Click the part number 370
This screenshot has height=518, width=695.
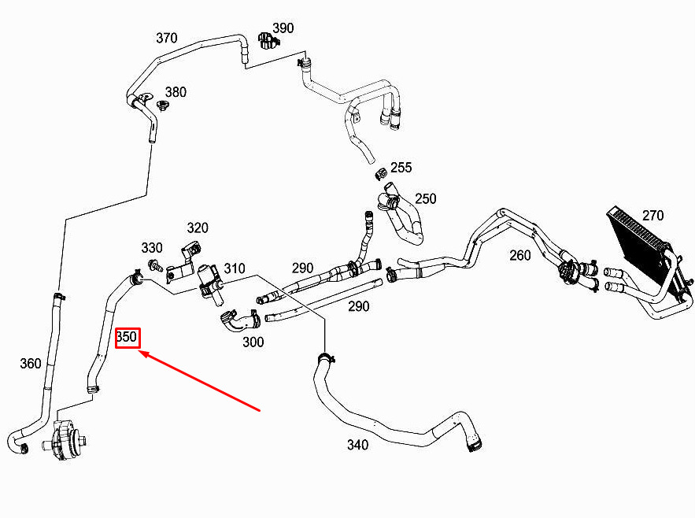click(x=167, y=38)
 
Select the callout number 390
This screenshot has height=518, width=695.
click(x=283, y=28)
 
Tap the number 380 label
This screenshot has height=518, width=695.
click(x=176, y=92)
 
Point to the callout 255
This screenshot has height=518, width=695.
click(x=401, y=167)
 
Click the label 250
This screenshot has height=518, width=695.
click(x=426, y=198)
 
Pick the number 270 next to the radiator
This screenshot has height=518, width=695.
click(x=653, y=216)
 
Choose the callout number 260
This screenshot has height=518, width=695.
click(x=520, y=255)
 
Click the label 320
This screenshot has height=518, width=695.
click(x=198, y=228)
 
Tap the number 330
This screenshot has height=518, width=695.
click(x=152, y=247)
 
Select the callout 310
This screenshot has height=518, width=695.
click(x=235, y=268)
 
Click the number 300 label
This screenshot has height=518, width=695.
click(x=253, y=342)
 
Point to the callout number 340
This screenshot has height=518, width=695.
click(x=357, y=444)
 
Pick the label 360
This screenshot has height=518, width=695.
click(x=31, y=363)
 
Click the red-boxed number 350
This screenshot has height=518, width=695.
click(x=127, y=337)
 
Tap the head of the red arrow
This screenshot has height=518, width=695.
click(x=139, y=351)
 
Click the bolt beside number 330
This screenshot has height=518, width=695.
click(x=156, y=265)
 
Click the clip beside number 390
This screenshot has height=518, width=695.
click(x=267, y=41)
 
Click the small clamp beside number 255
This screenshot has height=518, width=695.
click(x=380, y=174)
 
